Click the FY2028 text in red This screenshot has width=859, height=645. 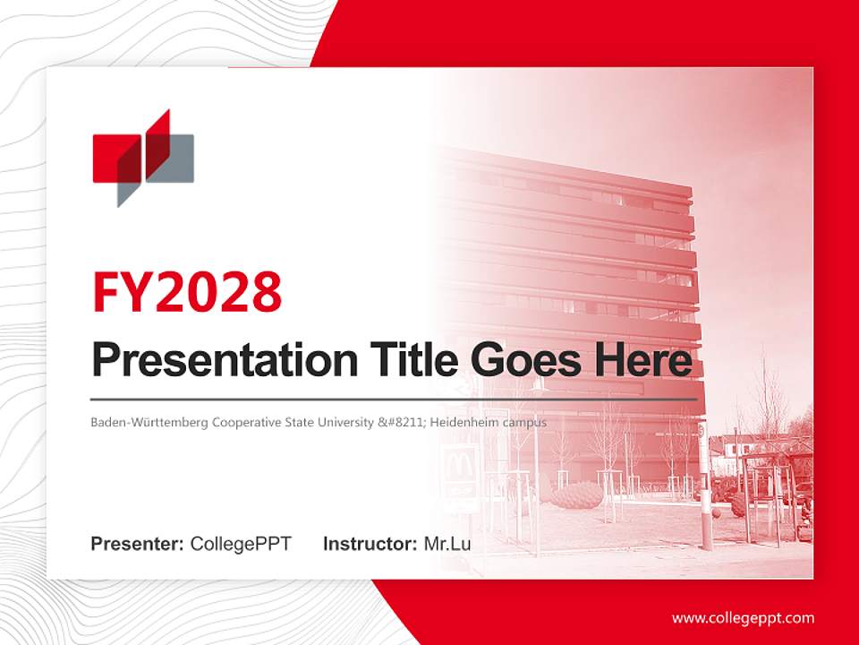pos(187,291)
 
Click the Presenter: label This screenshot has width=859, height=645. pos(138,544)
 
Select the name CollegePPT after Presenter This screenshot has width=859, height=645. pos(241,544)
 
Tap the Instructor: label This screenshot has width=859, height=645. pos(370,544)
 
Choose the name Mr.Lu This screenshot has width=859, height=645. pos(447,544)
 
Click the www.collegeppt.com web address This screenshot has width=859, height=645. pos(743,618)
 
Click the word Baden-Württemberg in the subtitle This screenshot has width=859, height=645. pos(149,422)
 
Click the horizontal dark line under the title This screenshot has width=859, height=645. pos(394,399)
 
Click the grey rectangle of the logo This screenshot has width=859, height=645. pos(179,159)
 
